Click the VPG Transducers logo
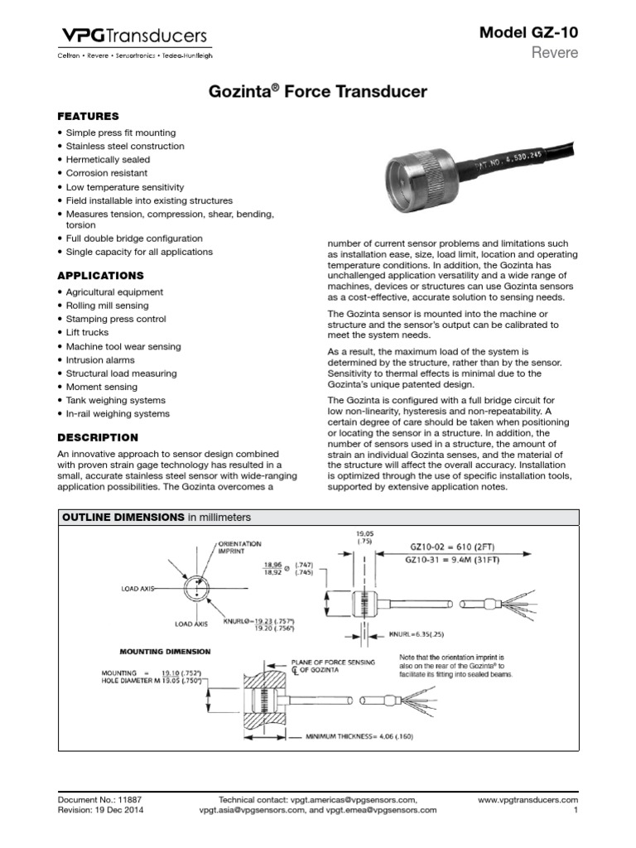[132, 36]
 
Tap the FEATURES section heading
[88, 117]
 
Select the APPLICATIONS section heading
[100, 276]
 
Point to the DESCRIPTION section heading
[98, 437]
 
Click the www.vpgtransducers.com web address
[528, 800]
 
